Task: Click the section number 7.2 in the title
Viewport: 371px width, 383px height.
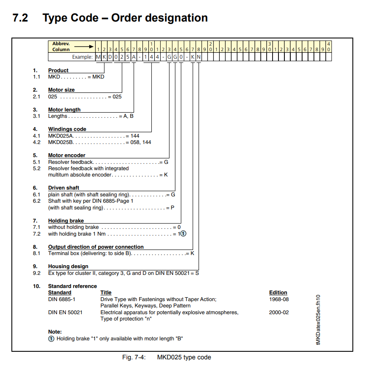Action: click(20, 18)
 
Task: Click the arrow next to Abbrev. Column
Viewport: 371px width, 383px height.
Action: click(84, 46)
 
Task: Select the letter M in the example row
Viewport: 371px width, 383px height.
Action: click(98, 57)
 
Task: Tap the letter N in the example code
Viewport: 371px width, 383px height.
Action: click(199, 57)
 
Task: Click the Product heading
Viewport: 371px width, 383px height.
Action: click(58, 71)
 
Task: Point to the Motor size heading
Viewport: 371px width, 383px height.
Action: click(61, 90)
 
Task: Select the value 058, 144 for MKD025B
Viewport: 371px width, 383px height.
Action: click(141, 142)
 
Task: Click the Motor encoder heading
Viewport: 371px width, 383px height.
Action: click(67, 155)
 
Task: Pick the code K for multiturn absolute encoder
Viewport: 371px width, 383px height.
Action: click(166, 175)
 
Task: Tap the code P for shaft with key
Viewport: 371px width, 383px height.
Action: click(172, 208)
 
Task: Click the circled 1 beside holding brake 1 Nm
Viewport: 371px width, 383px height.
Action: click(183, 234)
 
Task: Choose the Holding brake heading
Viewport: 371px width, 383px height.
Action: click(66, 220)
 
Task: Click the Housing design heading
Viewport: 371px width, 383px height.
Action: click(68, 266)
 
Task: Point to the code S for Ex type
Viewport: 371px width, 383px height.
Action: click(197, 273)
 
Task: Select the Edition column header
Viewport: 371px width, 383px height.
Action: click(278, 292)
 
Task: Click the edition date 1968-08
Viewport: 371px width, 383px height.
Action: click(279, 299)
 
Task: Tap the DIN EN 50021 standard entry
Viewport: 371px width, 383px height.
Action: click(65, 312)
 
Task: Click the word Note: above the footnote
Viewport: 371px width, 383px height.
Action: click(55, 332)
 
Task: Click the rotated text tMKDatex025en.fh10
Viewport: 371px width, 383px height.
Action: click(318, 320)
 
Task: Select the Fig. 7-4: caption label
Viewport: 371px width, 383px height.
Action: click(134, 357)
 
